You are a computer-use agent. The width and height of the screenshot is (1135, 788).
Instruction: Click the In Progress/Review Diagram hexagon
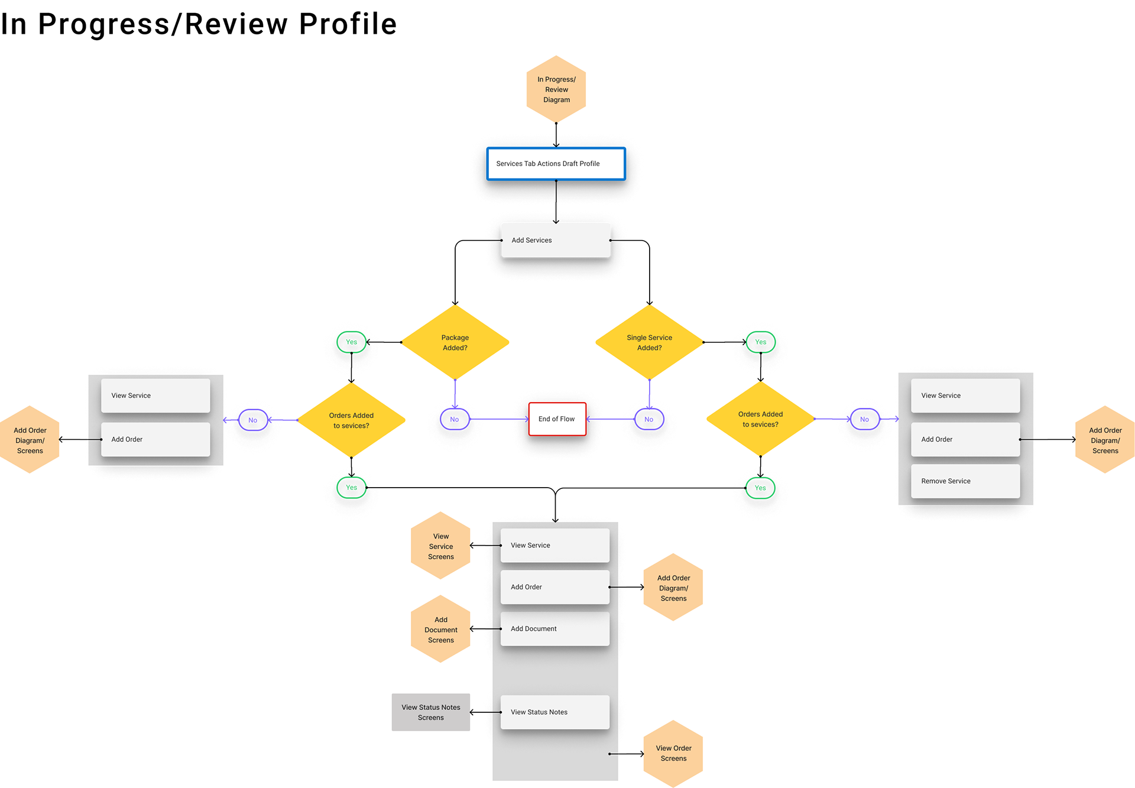[x=556, y=89]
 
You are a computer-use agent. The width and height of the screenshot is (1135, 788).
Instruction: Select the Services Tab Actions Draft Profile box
[x=556, y=164]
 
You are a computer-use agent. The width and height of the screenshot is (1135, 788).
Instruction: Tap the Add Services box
[x=556, y=240]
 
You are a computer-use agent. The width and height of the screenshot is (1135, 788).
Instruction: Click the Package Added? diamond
[x=455, y=342]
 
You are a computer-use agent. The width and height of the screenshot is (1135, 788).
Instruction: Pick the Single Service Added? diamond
[x=650, y=342]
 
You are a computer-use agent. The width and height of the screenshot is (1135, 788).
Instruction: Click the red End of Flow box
[x=557, y=419]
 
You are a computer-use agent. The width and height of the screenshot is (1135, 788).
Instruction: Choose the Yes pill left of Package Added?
[x=352, y=342]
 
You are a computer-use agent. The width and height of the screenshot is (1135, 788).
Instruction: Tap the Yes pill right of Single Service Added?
[x=761, y=342]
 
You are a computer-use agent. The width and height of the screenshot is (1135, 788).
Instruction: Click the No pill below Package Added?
[x=455, y=420]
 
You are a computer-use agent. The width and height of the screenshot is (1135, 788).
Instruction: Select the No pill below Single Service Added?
[x=649, y=420]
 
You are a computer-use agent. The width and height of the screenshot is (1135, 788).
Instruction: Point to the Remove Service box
[x=965, y=481]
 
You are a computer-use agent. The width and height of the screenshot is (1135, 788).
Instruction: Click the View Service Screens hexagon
[x=441, y=546]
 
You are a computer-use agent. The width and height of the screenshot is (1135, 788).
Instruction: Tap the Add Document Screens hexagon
[x=441, y=630]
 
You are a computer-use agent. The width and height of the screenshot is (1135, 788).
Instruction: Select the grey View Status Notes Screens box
[x=431, y=712]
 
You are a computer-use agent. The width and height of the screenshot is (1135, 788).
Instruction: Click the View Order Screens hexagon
[x=673, y=754]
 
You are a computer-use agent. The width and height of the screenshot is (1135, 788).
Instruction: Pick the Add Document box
[x=555, y=629]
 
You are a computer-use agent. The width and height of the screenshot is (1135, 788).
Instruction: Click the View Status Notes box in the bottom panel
[x=555, y=712]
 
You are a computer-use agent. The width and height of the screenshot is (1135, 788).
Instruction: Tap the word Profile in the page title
[x=348, y=24]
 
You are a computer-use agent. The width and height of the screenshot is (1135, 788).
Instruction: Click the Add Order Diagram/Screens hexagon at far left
[x=30, y=440]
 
